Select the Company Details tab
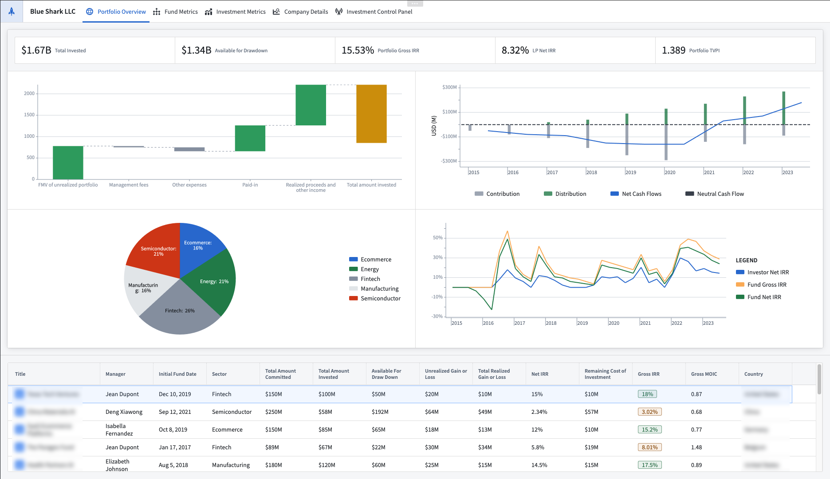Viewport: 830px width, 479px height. [301, 12]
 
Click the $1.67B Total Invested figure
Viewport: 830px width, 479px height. [36, 50]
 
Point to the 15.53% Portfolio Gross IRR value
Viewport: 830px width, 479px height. [358, 50]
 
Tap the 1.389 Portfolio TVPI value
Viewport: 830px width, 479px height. [673, 50]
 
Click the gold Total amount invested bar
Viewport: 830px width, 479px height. [371, 113]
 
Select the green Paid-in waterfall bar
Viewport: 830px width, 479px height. [250, 138]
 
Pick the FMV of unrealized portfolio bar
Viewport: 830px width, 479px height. [68, 162]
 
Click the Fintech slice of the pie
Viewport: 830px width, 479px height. [179, 310]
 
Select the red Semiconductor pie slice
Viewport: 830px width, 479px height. [155, 248]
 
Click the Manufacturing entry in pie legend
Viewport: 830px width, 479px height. [379, 288]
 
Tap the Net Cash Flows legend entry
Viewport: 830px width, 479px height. [641, 194]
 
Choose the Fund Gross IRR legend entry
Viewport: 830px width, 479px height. [766, 284]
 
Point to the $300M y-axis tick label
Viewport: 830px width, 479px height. [449, 87]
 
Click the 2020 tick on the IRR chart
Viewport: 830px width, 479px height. [614, 323]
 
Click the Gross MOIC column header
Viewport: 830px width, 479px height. [704, 374]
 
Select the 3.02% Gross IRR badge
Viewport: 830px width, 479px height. [649, 412]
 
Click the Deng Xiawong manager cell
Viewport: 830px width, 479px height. [124, 412]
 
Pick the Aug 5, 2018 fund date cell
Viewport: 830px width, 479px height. [173, 465]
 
